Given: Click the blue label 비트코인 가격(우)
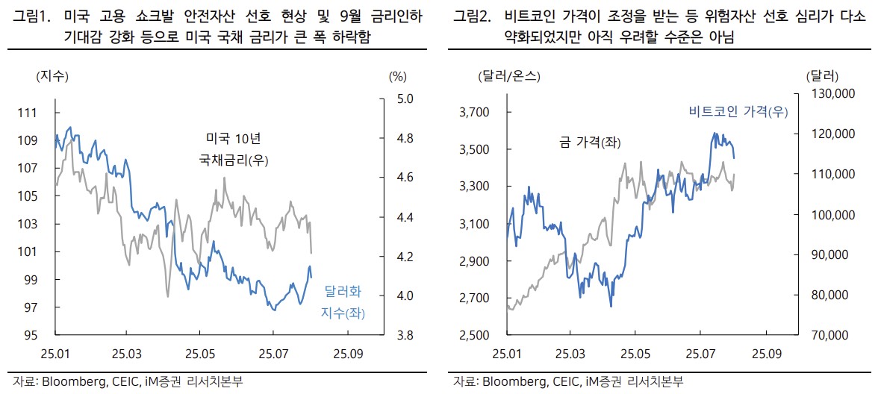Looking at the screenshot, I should [738, 112].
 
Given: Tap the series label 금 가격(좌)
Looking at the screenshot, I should [591, 142].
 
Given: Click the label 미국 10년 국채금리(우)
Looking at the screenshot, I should [233, 148].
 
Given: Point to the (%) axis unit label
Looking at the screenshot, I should [397, 76].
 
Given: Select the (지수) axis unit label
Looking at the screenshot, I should [52, 76].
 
